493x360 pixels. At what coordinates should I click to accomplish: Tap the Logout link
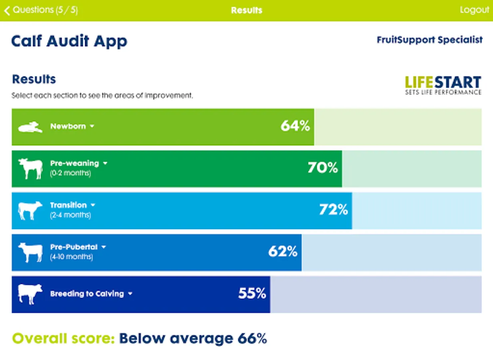(x=474, y=10)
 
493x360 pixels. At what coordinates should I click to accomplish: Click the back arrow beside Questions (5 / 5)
(x=7, y=10)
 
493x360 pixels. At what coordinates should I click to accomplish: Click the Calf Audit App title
(x=69, y=41)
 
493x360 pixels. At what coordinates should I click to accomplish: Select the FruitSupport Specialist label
(x=429, y=40)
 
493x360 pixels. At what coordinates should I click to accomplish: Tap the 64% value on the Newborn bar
(x=295, y=126)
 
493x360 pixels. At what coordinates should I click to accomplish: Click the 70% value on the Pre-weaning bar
(x=323, y=168)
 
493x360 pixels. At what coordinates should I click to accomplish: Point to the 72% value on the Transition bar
(x=333, y=210)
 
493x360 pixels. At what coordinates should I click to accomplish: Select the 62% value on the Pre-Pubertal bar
(x=283, y=252)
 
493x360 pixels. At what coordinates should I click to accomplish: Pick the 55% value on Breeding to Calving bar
(x=252, y=294)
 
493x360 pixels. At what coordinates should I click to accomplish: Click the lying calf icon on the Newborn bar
(x=30, y=127)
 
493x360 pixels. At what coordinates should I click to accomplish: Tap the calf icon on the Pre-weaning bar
(x=30, y=168)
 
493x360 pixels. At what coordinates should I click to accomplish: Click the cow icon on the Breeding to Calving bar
(x=30, y=294)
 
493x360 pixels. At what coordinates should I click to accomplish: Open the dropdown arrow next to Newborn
(x=92, y=126)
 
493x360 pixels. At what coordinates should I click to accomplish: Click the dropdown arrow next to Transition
(x=93, y=205)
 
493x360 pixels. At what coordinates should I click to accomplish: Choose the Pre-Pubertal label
(x=74, y=247)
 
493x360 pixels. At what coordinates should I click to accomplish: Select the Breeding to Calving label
(x=87, y=294)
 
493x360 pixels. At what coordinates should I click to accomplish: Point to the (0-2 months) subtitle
(x=70, y=173)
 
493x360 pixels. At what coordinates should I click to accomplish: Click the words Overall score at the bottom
(x=63, y=338)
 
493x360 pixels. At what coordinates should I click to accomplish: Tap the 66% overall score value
(x=252, y=338)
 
